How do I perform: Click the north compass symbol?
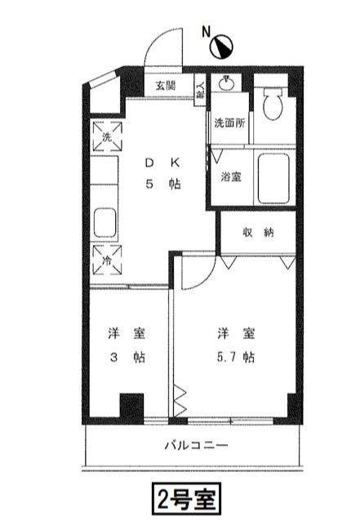pyautogui.click(x=223, y=47)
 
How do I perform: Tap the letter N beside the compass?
pyautogui.click(x=207, y=33)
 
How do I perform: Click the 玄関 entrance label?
pyautogui.click(x=165, y=86)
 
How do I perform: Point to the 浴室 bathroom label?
pyautogui.click(x=230, y=177)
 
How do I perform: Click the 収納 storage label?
pyautogui.click(x=258, y=232)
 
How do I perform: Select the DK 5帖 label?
pyautogui.click(x=162, y=172)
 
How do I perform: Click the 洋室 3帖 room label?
pyautogui.click(x=126, y=345)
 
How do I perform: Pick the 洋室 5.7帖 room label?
pyautogui.click(x=235, y=345)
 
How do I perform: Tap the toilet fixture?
pyautogui.click(x=273, y=102)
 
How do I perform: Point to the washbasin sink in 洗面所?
pyautogui.click(x=226, y=84)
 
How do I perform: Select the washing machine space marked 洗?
pyautogui.click(x=107, y=136)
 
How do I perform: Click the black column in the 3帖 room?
pyautogui.click(x=131, y=406)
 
